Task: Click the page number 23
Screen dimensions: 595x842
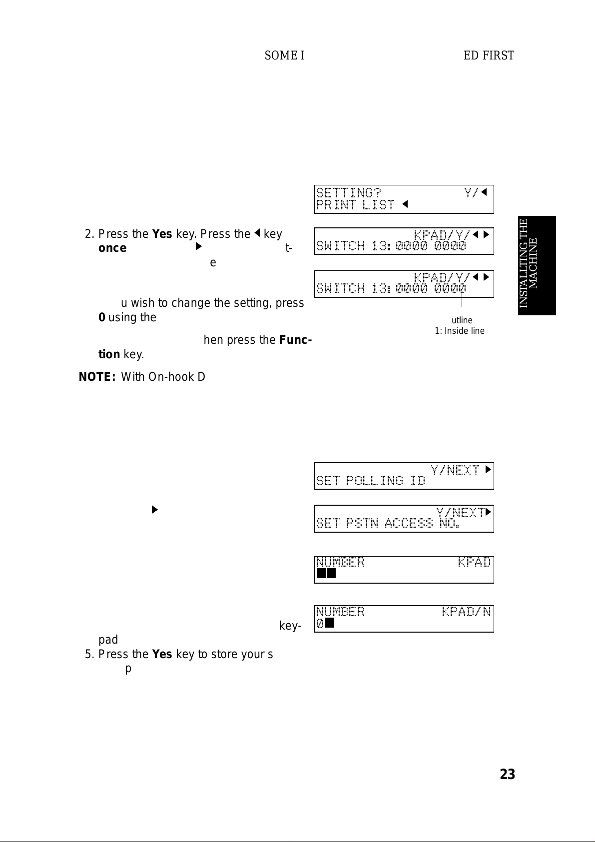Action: coord(507,774)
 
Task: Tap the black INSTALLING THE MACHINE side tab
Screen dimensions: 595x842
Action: coord(537,265)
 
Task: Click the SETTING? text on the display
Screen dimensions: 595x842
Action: coord(348,193)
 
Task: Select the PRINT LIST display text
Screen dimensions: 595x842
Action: coord(355,205)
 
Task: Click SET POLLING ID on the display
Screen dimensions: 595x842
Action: coord(370,481)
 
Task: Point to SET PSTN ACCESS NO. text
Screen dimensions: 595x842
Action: coord(388,523)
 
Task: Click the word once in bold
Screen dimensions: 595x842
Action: coord(112,248)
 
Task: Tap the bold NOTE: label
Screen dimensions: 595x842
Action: coord(97,377)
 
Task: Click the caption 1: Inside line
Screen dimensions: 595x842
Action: coord(459,331)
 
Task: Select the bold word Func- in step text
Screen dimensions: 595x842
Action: coord(296,340)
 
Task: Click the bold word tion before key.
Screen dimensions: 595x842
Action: coord(109,355)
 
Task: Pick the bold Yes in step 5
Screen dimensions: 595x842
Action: coord(162,654)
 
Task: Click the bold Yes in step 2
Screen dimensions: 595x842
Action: coord(162,234)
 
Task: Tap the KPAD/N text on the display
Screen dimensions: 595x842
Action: coord(466,612)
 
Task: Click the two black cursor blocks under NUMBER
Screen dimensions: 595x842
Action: coord(326,573)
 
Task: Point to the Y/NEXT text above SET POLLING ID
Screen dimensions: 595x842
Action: coord(455,470)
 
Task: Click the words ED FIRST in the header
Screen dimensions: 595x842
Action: coord(489,55)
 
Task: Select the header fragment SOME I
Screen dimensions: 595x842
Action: coord(284,55)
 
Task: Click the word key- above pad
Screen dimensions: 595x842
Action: coord(290,626)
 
